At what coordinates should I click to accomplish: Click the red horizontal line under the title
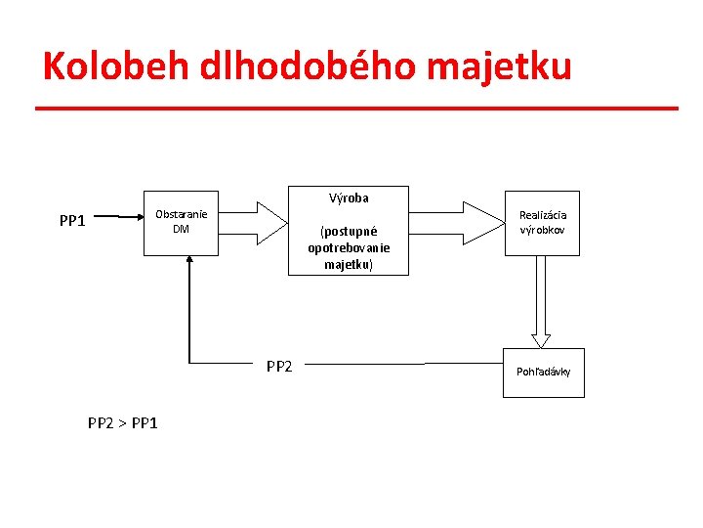[x=356, y=108]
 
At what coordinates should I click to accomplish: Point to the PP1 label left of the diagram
[x=72, y=220]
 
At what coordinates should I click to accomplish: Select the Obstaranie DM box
[x=181, y=223]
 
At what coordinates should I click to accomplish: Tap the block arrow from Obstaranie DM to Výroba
[x=256, y=221]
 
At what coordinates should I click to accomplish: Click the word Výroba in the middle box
[x=349, y=198]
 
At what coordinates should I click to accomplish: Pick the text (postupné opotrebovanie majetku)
[x=349, y=248]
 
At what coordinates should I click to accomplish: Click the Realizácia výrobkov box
[x=542, y=223]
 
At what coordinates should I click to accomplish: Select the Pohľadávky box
[x=543, y=373]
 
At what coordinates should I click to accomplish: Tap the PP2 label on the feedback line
[x=279, y=367]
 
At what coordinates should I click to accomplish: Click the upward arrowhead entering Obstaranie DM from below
[x=189, y=262]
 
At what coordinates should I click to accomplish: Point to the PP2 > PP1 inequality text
[x=123, y=422]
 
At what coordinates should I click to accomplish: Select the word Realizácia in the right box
[x=543, y=215]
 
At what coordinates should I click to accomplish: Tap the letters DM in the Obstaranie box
[x=181, y=229]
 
